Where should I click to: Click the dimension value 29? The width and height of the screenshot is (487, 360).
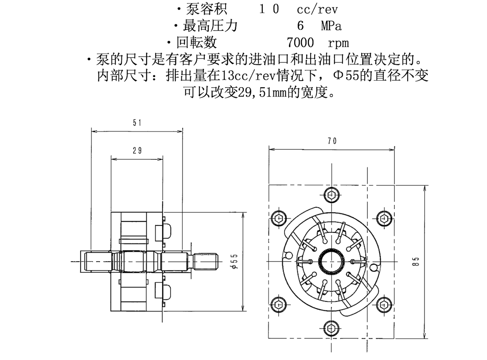(137, 151)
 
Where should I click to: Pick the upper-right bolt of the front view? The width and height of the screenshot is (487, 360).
(385, 218)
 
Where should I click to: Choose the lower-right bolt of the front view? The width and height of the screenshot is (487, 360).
(385, 304)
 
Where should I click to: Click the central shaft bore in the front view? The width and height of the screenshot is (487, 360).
(331, 261)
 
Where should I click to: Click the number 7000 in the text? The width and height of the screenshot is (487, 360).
(300, 43)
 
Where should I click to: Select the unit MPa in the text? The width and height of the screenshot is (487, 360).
(331, 26)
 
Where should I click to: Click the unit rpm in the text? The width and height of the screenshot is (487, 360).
(339, 43)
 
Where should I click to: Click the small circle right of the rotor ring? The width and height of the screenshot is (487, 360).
(375, 267)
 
